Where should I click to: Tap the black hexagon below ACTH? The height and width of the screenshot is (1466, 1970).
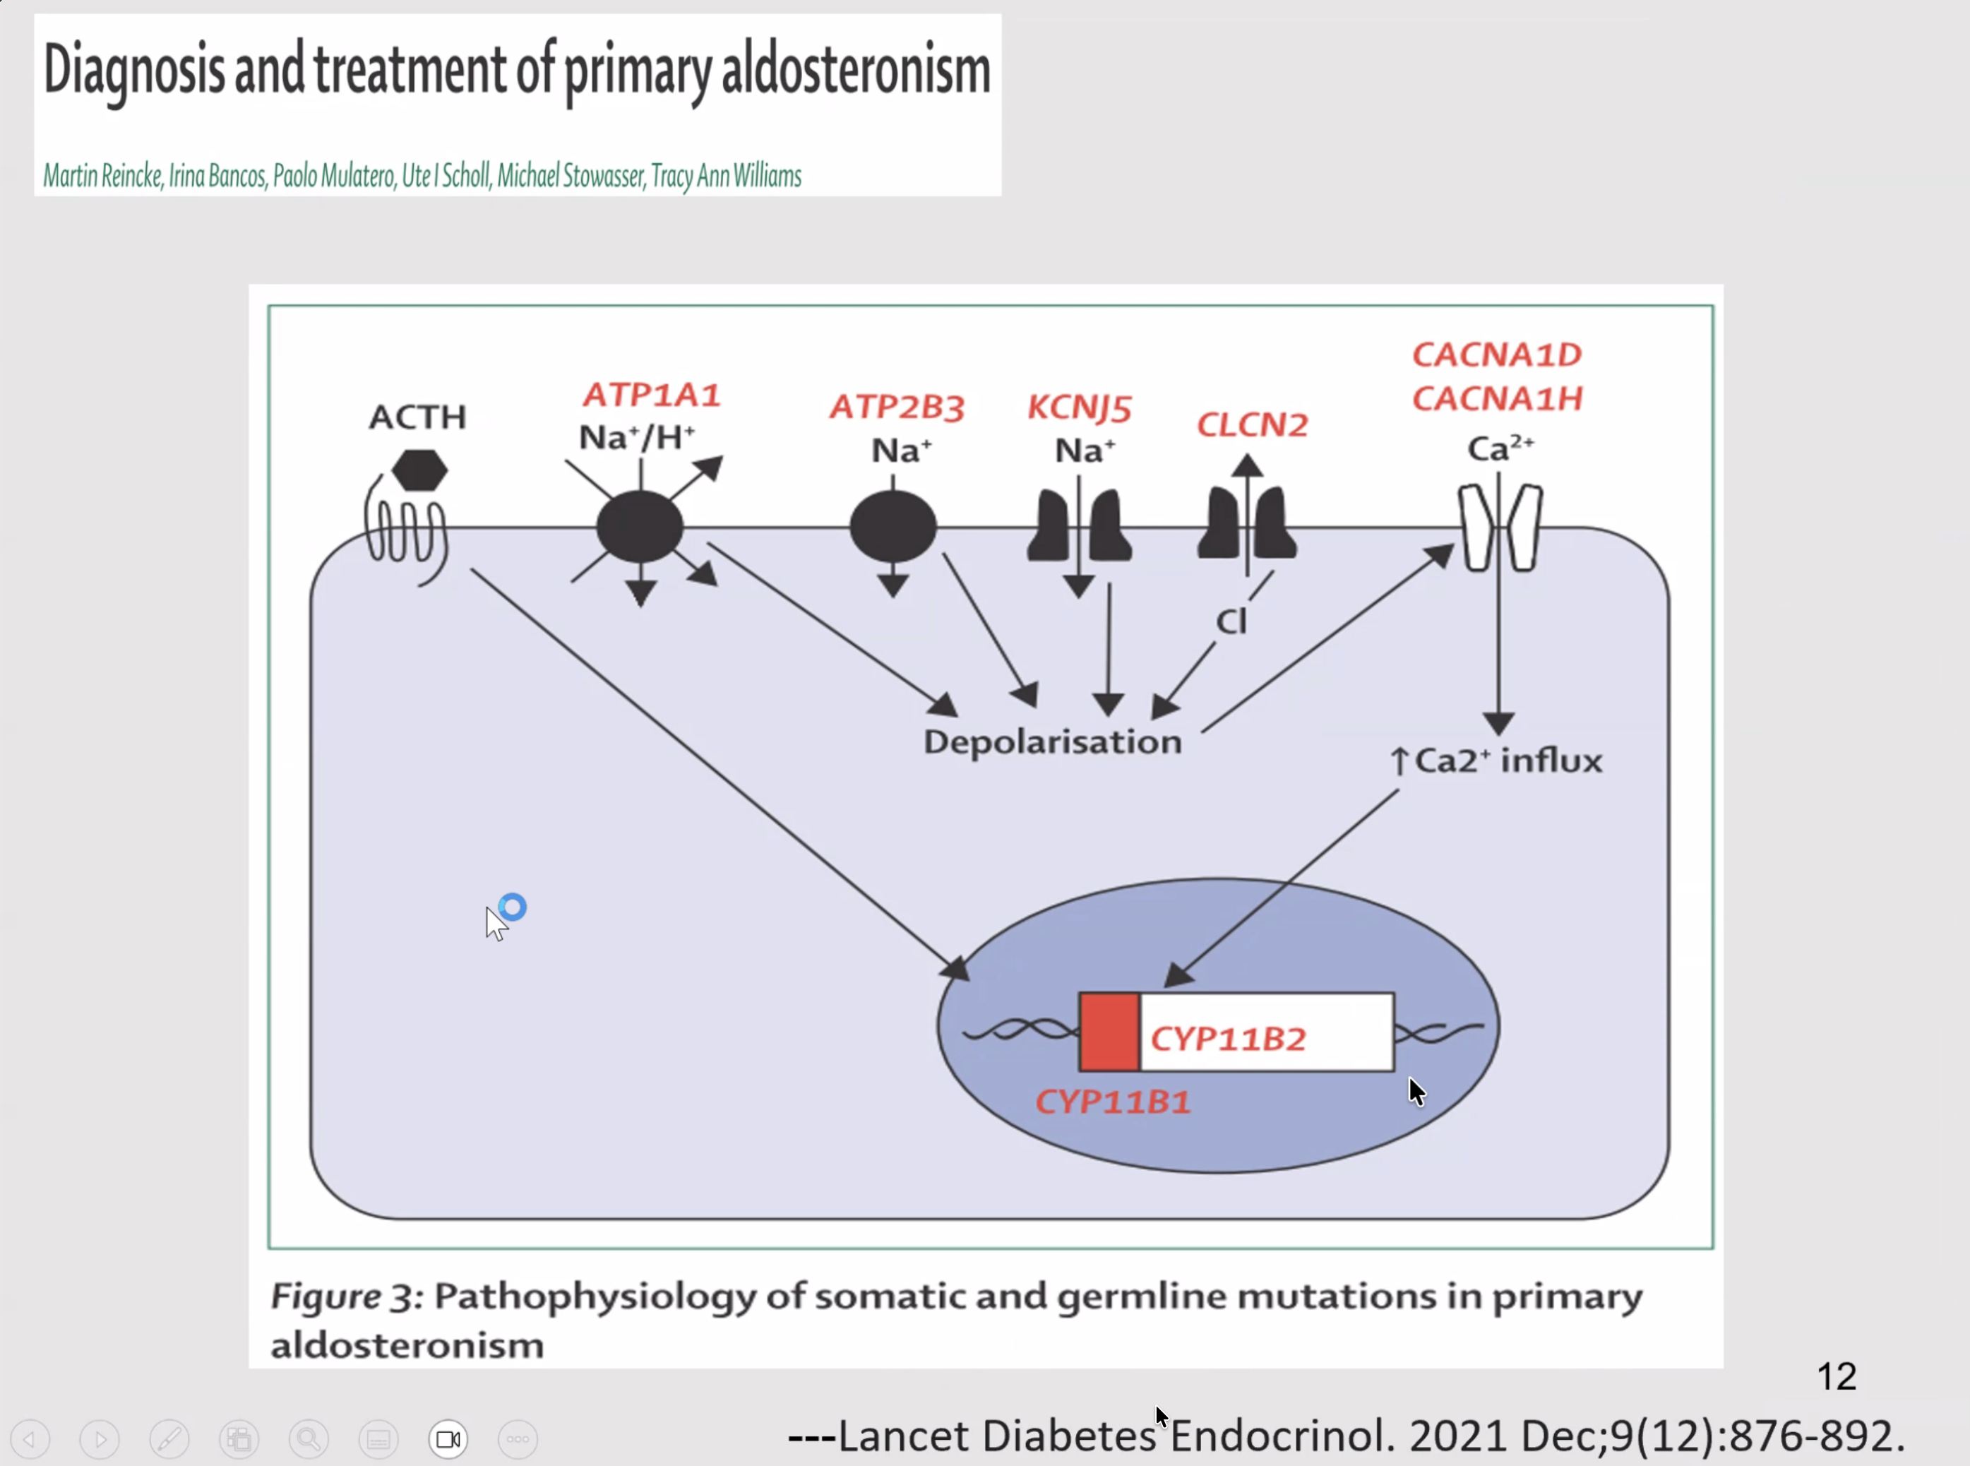[x=419, y=470]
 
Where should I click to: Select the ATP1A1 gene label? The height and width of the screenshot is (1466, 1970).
[x=651, y=395]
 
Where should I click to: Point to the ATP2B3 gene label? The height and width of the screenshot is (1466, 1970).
[x=896, y=407]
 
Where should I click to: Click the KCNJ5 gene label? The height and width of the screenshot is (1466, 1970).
[x=1079, y=408]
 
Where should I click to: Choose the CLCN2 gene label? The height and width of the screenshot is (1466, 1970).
[x=1252, y=425]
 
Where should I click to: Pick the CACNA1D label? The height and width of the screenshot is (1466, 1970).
[x=1497, y=355]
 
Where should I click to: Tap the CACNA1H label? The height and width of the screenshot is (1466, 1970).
[x=1497, y=399]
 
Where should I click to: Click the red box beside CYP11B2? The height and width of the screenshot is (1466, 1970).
[x=1109, y=1032]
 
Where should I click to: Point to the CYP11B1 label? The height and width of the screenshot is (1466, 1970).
[x=1113, y=1102]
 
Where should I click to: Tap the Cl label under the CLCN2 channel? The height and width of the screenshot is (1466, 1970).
[x=1231, y=621]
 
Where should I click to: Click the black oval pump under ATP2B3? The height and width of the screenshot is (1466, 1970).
[x=893, y=527]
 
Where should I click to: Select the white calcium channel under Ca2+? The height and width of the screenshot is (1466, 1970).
[x=1500, y=527]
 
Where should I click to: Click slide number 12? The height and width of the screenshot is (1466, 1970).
[x=1836, y=1376]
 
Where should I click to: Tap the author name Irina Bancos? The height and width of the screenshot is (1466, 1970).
[x=217, y=177]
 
